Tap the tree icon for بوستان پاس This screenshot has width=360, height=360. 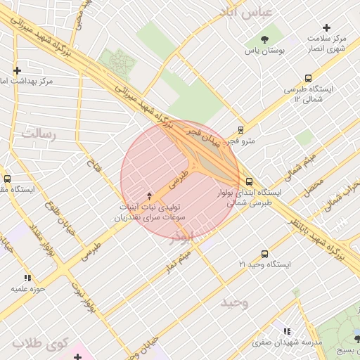tap(264, 39)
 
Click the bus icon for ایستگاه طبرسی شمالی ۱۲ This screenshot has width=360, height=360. tap(308, 79)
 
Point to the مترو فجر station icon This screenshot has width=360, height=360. tap(241, 130)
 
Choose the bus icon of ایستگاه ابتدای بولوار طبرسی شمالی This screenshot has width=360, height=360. tap(249, 181)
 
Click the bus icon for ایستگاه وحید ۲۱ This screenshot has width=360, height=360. tap(264, 254)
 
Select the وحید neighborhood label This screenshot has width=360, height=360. tap(234, 302)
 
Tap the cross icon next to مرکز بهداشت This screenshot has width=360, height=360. tap(18, 70)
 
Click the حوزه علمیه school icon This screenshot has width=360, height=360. tap(28, 278)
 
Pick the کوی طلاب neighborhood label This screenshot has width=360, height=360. tap(39, 344)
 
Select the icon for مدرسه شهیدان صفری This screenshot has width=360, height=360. tap(286, 331)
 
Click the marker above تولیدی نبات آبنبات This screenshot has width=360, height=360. tap(148, 194)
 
